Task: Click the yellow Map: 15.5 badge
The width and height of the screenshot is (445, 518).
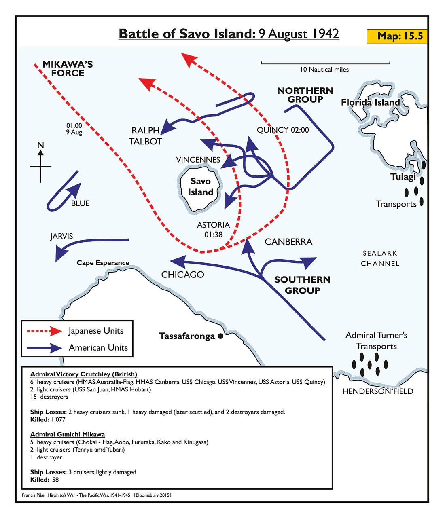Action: click(397, 36)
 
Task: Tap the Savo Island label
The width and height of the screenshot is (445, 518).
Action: click(200, 186)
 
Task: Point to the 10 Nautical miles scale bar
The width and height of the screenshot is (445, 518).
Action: click(325, 63)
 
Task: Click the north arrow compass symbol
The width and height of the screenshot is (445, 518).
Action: click(40, 164)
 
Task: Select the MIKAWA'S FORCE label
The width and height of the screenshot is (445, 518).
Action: click(68, 69)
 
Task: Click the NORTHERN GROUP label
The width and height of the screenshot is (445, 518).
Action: click(305, 95)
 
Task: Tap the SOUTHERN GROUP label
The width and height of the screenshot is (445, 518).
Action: click(302, 285)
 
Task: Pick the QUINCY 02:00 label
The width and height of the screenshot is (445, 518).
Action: click(283, 130)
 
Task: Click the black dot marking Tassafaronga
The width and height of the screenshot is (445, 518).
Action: click(220, 336)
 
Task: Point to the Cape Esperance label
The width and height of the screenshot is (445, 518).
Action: click(103, 263)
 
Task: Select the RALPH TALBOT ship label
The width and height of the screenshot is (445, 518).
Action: click(145, 136)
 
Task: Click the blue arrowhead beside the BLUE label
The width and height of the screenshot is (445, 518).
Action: click(75, 189)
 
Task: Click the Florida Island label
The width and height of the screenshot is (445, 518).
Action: click(370, 102)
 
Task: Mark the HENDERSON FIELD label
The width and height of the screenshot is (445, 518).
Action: click(377, 391)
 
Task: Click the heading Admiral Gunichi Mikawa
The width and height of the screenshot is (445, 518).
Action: click(67, 434)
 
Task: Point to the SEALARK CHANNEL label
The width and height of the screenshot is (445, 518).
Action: click(380, 258)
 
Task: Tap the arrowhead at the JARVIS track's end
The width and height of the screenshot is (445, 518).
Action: click(61, 254)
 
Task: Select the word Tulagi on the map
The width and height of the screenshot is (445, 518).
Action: click(403, 177)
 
